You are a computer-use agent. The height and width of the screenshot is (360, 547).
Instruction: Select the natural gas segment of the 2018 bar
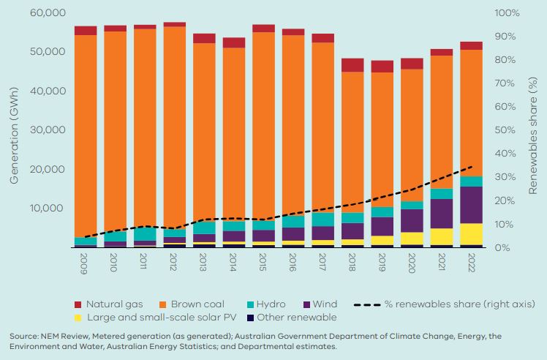pyautogui.click(x=352, y=65)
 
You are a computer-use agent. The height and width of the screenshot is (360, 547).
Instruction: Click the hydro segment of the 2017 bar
pyautogui.click(x=322, y=220)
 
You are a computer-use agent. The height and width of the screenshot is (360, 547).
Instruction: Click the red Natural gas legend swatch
pyautogui.click(x=78, y=304)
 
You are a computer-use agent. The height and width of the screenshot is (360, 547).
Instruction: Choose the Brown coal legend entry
pyautogui.click(x=199, y=304)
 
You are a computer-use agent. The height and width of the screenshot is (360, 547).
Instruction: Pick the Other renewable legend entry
pyautogui.click(x=301, y=318)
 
